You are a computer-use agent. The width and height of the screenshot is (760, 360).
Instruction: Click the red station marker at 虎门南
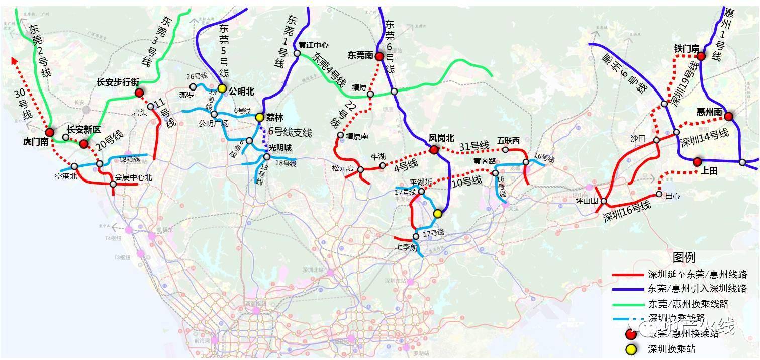click(x=49, y=132)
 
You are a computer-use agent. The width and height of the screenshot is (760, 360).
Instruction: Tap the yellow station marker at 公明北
click(x=222, y=88)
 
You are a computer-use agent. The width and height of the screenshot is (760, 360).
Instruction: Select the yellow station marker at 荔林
click(x=259, y=117)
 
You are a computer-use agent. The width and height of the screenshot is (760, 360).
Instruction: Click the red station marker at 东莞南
click(x=380, y=56)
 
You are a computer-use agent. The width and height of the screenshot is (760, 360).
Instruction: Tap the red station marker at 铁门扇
click(x=701, y=57)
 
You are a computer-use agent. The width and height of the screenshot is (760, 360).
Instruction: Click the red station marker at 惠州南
click(x=728, y=117)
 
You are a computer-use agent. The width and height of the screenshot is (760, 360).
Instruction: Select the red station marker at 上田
click(x=697, y=162)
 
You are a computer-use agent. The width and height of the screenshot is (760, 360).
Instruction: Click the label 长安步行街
click(x=118, y=82)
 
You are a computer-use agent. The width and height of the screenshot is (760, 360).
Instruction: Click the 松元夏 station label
click(x=343, y=168)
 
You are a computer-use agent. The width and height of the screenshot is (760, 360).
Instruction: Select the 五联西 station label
click(x=508, y=140)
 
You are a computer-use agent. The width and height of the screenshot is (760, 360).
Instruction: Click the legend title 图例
click(x=684, y=258)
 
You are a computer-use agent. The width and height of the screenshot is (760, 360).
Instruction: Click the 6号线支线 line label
click(x=290, y=133)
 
